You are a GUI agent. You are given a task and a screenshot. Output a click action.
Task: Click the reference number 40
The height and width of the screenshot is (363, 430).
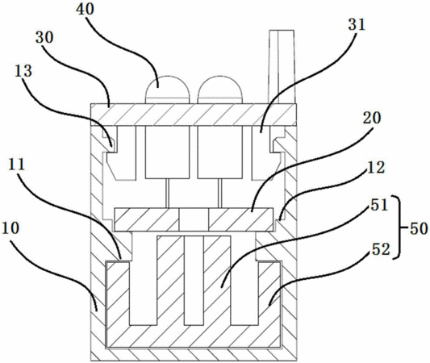[x=85, y=9]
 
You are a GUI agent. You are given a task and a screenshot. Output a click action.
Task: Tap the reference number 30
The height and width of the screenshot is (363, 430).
[x=44, y=37]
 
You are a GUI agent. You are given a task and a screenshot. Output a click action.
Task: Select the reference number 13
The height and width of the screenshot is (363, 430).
[x=23, y=71]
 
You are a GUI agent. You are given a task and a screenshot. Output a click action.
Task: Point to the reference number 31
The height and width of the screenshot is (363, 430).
[x=357, y=25]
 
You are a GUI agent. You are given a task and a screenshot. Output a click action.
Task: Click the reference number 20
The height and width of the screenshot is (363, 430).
[x=372, y=118]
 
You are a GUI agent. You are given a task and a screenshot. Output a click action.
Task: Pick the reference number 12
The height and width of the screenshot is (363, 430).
[x=376, y=167]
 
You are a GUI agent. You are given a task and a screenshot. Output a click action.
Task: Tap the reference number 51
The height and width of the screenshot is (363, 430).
[x=379, y=205]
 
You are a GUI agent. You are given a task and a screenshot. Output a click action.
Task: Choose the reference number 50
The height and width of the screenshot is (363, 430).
[x=419, y=228]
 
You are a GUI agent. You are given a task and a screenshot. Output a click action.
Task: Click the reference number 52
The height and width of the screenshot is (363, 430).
[x=381, y=249]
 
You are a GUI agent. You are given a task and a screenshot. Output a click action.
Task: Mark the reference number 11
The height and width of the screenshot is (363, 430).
[x=17, y=165]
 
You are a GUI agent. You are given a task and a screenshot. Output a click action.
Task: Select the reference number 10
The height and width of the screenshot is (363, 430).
[x=10, y=228]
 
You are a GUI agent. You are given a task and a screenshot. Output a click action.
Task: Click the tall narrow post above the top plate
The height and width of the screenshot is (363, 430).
[x=282, y=67]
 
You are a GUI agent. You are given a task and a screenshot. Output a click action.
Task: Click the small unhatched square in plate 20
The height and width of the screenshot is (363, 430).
[x=194, y=219]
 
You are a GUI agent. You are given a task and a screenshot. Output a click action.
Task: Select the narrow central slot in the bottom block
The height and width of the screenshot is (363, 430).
[x=194, y=281]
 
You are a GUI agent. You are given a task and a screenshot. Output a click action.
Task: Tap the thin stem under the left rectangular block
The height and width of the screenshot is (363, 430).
[x=168, y=194]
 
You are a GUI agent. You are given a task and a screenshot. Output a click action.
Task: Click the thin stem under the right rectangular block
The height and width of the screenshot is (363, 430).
[x=219, y=194]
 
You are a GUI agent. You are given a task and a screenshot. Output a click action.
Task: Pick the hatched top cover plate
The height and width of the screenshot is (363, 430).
[x=194, y=115]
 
